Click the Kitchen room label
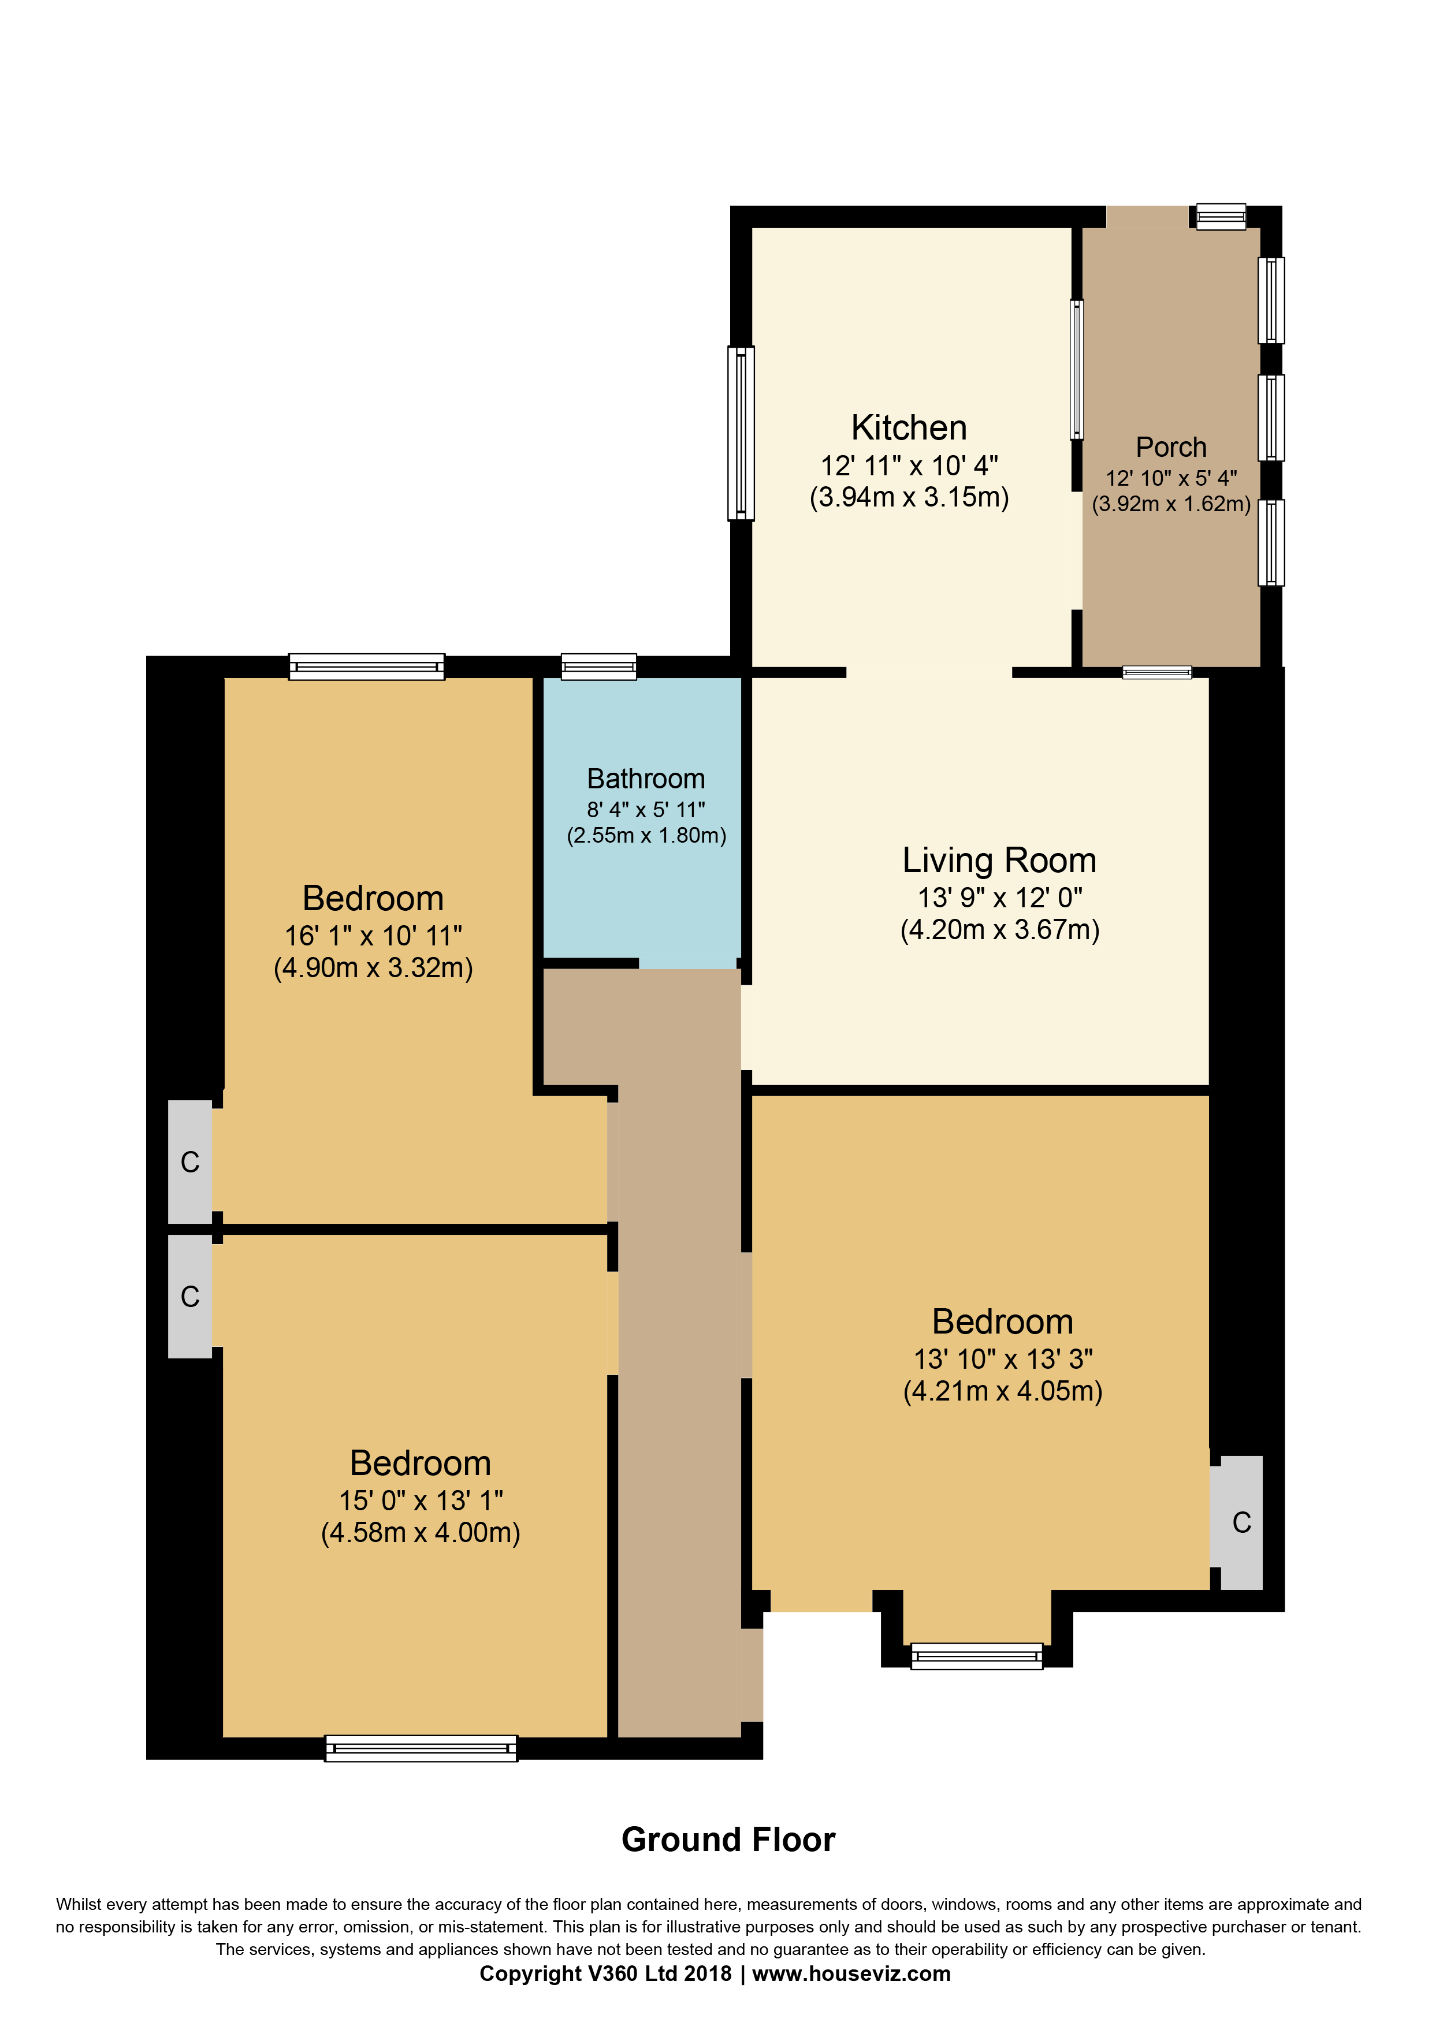(x=909, y=428)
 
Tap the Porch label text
(x=1171, y=448)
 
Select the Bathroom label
(x=646, y=779)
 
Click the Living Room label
(x=999, y=861)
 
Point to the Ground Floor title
(x=728, y=1840)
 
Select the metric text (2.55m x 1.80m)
(x=646, y=836)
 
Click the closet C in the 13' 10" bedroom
(x=1241, y=1522)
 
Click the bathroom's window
(x=598, y=666)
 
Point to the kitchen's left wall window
(x=741, y=433)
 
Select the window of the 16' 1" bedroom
(x=366, y=666)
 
